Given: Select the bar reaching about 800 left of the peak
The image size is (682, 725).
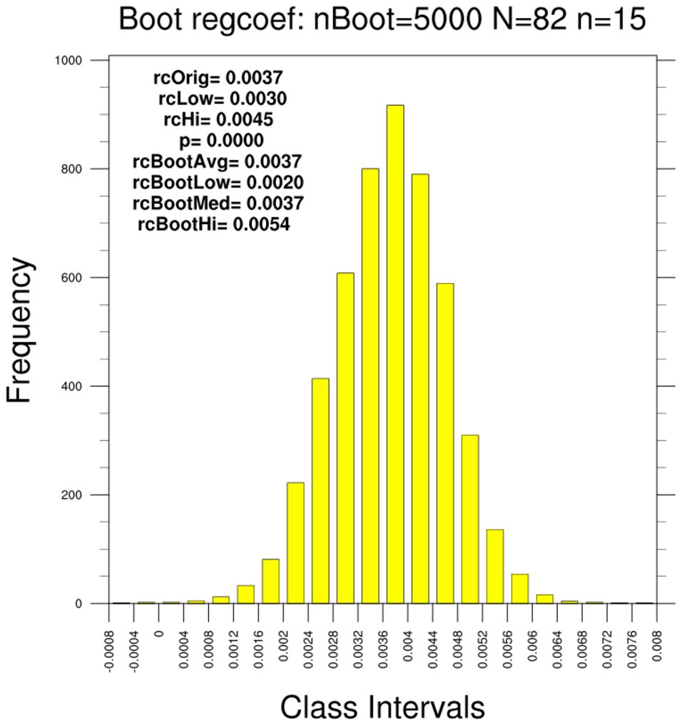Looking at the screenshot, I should [370, 385].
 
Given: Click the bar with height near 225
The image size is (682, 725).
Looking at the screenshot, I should [295, 542].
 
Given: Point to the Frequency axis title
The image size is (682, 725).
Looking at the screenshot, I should [20, 330].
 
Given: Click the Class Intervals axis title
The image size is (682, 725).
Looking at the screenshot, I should [382, 707].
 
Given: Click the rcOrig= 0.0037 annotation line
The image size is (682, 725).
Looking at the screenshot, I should [218, 77].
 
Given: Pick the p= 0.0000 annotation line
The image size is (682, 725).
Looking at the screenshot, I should [222, 140].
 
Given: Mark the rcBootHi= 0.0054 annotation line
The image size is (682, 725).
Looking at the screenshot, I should [214, 225].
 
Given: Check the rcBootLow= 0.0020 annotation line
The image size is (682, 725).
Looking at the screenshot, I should [218, 182].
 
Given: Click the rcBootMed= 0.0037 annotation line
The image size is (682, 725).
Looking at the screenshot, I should [218, 203].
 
